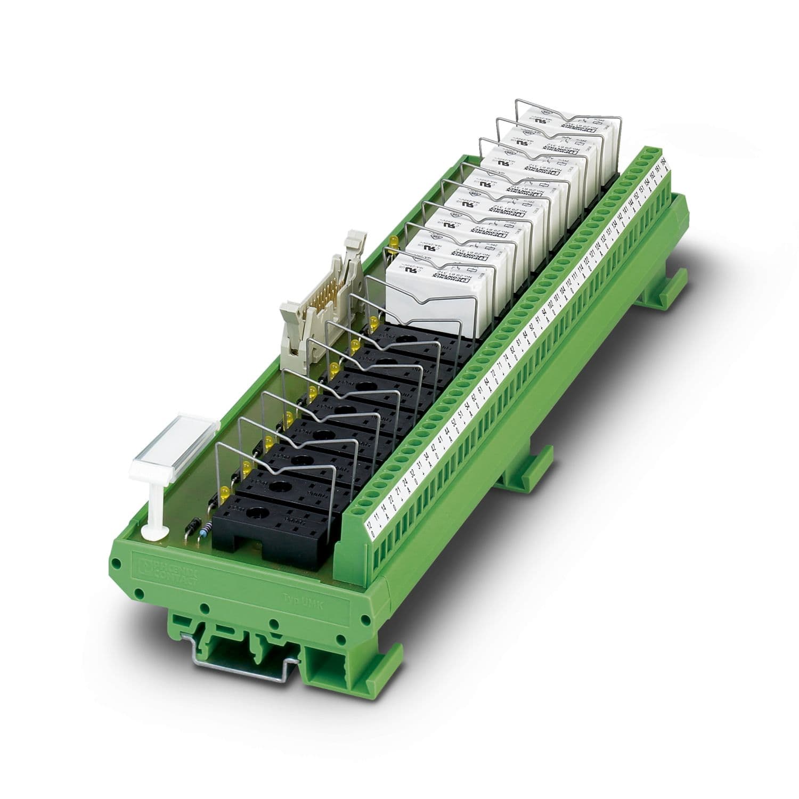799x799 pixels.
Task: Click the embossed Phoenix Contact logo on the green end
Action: (x=165, y=574)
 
